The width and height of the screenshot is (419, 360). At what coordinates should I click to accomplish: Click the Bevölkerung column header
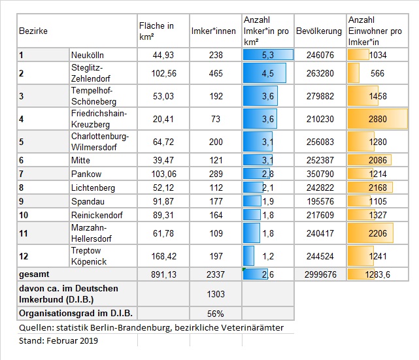coord(319,31)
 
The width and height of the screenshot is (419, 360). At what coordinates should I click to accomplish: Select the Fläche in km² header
coord(156,31)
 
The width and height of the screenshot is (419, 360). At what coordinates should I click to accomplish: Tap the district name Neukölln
coord(88,55)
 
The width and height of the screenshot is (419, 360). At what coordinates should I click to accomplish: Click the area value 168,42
coord(164,256)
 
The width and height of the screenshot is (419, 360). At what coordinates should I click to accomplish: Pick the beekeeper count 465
coord(216,73)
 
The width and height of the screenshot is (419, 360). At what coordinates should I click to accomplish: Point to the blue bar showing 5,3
coord(268,55)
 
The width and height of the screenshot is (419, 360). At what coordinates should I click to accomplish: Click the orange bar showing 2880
coord(378,119)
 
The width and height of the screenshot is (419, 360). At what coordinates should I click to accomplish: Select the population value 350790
coord(320,174)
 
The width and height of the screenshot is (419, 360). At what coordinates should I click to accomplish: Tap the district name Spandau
coord(88,202)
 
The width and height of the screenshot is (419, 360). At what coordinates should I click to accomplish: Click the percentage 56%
coord(215,314)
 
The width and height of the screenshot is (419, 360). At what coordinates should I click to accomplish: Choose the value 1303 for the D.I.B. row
coord(216,294)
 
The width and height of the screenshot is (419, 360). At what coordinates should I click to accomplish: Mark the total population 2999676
coord(320,274)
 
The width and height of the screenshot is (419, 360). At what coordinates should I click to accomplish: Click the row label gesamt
coord(34,274)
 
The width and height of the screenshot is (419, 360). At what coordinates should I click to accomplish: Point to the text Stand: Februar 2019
coord(58,341)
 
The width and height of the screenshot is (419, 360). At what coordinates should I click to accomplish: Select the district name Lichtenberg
coord(93,188)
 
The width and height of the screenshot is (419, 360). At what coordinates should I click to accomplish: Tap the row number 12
coord(24,256)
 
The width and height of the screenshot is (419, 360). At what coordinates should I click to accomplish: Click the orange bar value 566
coord(377,73)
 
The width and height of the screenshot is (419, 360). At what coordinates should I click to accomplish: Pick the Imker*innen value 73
coord(216,119)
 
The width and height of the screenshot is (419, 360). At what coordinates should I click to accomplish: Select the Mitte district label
coord(80,160)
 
